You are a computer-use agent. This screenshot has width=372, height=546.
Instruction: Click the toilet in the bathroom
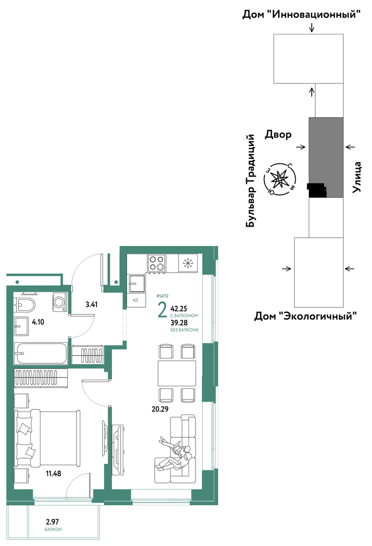click(x=25, y=305)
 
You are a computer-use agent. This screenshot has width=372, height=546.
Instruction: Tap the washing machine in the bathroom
click(x=60, y=301)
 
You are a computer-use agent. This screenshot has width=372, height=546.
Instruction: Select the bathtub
click(x=41, y=353)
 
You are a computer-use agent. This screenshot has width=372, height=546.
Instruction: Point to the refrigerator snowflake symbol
click(x=188, y=263)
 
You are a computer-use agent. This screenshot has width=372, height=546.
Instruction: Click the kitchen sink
click(x=136, y=284)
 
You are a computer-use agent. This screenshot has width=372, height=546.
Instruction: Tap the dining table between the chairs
click(x=177, y=373)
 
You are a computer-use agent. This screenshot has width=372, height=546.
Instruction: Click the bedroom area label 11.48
click(x=54, y=473)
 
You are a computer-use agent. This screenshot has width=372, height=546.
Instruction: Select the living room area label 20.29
click(x=160, y=409)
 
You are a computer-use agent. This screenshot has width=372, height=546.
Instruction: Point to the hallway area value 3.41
click(x=91, y=304)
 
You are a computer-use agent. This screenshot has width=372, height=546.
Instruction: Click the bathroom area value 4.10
click(x=38, y=322)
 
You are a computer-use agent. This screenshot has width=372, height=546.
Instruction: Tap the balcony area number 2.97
click(x=53, y=522)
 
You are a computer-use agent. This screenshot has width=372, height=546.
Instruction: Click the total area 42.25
click(x=179, y=308)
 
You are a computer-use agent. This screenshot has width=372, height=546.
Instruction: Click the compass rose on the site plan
click(x=280, y=179)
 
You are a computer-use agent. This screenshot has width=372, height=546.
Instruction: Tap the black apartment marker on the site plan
click(x=317, y=190)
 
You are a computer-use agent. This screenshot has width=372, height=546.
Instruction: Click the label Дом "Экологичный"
click(x=305, y=316)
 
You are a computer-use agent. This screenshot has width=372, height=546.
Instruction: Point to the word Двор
click(x=278, y=135)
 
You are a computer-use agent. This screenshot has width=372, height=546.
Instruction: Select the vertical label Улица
click(x=357, y=177)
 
